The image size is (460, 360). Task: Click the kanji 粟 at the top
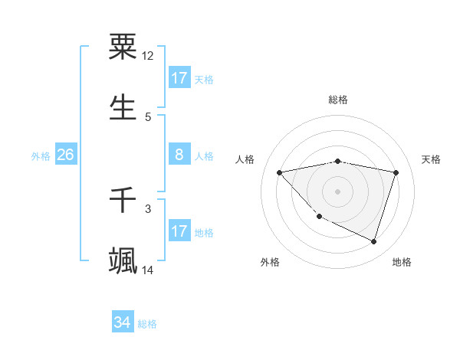(123, 47)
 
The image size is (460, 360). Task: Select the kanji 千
(123, 201)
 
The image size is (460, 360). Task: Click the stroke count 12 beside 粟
(148, 56)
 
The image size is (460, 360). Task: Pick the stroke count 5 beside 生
(148, 116)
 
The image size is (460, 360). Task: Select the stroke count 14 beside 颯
(148, 270)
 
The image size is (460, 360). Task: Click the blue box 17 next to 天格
(179, 78)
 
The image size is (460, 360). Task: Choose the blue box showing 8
(179, 155)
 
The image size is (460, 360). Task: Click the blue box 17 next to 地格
(179, 231)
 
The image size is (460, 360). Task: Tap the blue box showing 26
(66, 155)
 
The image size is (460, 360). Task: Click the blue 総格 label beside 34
(147, 324)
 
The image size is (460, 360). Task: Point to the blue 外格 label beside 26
(41, 156)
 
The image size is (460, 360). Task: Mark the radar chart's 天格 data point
(396, 172)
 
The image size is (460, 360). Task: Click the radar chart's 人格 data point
(280, 172)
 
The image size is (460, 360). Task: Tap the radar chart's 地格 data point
(373, 242)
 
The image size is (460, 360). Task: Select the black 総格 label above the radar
(337, 100)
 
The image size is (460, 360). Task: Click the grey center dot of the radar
(337, 191)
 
